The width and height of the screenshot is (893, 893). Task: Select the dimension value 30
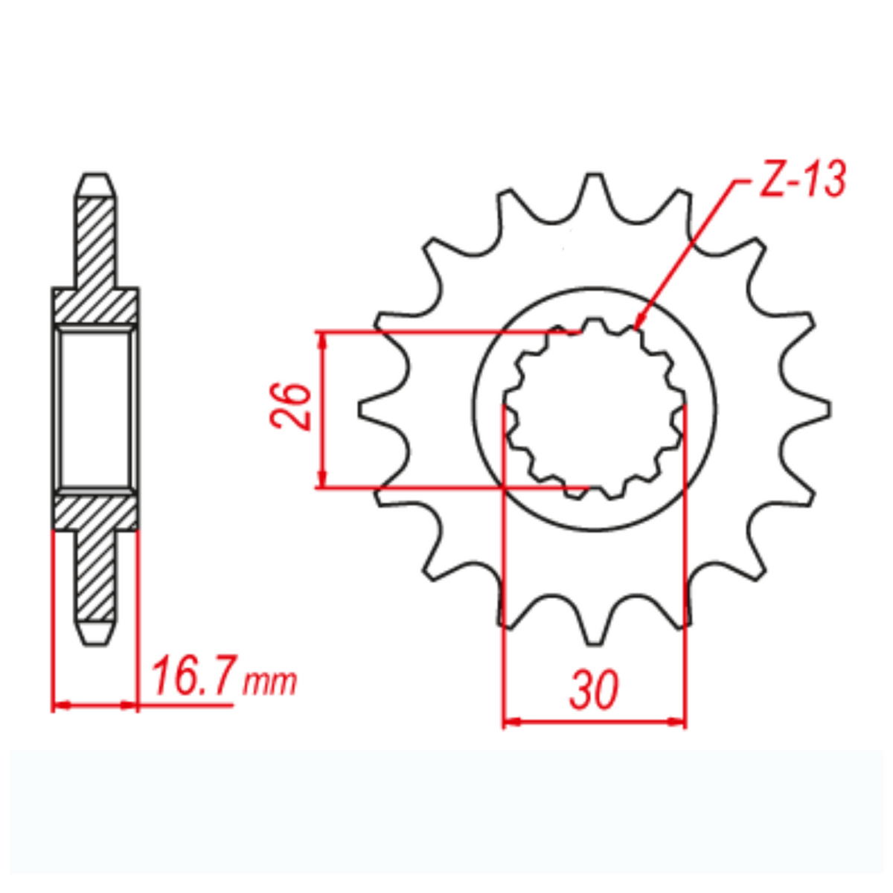pos(594,690)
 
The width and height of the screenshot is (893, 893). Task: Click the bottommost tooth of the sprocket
pos(595,636)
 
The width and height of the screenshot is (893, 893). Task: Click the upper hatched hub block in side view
pos(95,306)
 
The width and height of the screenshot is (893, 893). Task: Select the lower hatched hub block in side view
pos(95,512)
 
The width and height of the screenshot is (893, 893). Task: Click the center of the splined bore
pos(595,408)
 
